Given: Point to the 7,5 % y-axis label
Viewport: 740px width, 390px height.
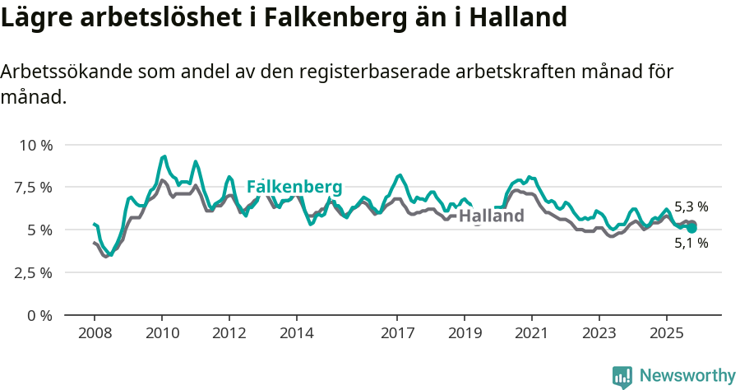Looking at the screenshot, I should pos(35,188).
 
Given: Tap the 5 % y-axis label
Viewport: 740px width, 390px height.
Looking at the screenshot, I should pos(40,230).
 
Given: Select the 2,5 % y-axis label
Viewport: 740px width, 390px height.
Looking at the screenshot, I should pos(35,272).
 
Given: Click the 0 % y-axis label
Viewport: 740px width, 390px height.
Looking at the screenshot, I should pos(40,315).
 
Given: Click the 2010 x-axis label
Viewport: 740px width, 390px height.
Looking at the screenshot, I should pos(162,333).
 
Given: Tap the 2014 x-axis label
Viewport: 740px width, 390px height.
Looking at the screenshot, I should pos(296,333).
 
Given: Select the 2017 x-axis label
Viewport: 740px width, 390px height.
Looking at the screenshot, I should pos(397,333).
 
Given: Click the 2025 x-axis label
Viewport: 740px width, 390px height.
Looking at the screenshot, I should pos(666,333).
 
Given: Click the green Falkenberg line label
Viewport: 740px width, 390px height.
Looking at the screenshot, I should pos(294,186).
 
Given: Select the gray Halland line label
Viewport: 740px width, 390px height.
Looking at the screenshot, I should pos(491,216).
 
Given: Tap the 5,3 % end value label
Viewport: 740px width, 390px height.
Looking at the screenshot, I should pos(691,207).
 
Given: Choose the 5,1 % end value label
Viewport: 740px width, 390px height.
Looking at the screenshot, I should pos(691,244).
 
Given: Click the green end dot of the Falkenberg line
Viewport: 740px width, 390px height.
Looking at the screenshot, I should pos(691,228).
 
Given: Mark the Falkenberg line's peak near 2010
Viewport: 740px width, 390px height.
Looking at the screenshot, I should pos(164,156).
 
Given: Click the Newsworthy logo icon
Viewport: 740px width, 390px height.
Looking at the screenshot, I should pos(622,377).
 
